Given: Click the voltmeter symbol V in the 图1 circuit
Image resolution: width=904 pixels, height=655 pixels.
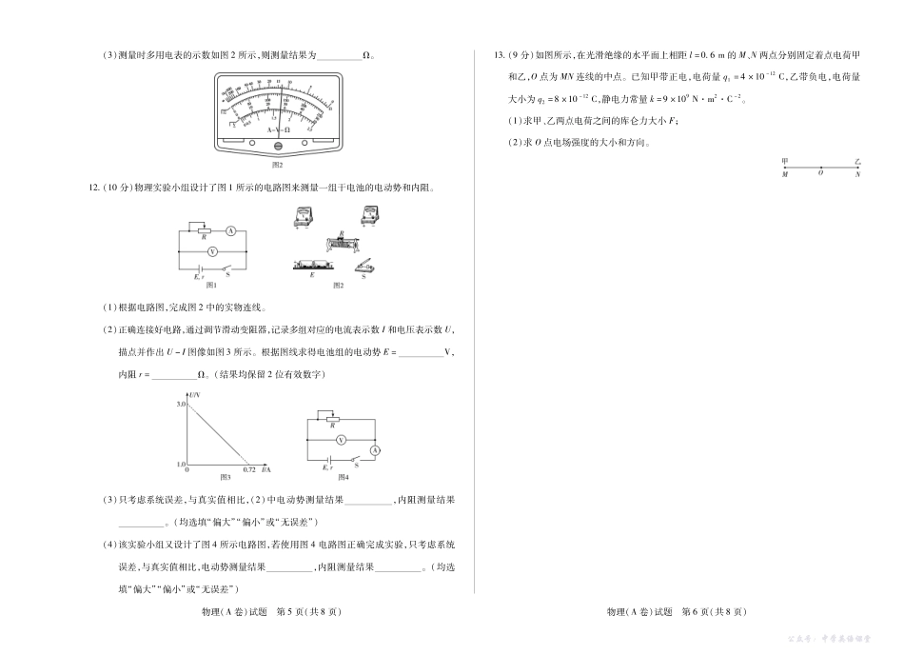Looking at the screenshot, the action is (x=213, y=251).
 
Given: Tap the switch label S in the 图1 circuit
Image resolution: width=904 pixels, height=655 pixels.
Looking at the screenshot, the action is (x=227, y=275).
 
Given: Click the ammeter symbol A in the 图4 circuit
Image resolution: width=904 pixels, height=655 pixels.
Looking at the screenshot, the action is (x=374, y=448).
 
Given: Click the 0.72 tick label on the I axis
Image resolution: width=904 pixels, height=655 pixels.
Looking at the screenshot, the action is (x=249, y=470).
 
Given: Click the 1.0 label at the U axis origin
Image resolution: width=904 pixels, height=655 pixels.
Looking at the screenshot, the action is (x=180, y=463).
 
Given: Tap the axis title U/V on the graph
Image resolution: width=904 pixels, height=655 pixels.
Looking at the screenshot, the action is (x=195, y=394).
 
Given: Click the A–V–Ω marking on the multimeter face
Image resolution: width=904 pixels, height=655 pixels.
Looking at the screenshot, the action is (x=278, y=129).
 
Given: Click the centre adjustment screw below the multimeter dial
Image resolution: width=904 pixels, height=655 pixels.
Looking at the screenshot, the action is (x=278, y=146).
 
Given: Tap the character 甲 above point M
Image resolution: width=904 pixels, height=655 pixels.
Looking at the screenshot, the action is (x=784, y=163).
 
